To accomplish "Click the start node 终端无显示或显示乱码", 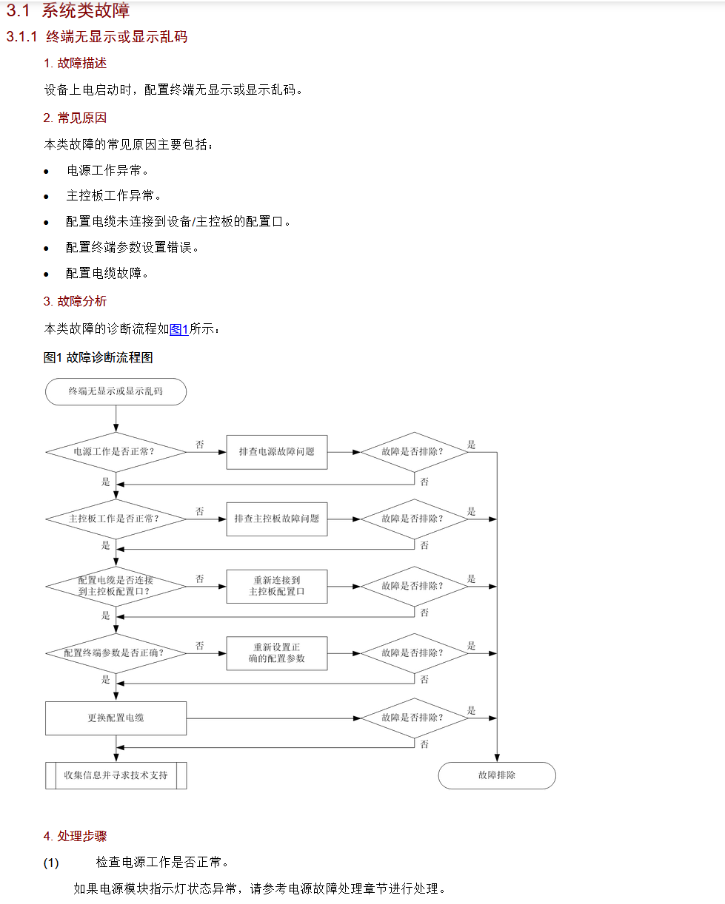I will pos(116,391).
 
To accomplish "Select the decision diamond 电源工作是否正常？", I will pos(116,451).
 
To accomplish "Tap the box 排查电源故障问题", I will pos(276,451).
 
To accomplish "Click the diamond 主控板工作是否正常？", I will pos(116,519).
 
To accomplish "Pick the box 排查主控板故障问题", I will pos(276,519).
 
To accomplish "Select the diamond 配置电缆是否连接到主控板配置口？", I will pos(116,586).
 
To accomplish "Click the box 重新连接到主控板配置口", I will pos(276,586).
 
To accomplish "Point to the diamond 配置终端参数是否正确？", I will pos(116,653).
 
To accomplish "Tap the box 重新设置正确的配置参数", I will pos(276,653).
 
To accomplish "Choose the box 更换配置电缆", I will pos(116,718).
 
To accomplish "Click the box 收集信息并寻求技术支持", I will pos(116,775).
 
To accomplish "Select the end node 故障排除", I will pos(496,775).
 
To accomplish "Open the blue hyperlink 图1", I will pos(179,329).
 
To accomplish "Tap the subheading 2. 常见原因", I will pos(75,118).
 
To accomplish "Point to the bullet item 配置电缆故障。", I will pos(107,273).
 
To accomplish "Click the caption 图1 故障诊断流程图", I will pos(98,357).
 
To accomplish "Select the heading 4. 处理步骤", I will pos(75,836).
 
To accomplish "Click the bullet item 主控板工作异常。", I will pos(113,195).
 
